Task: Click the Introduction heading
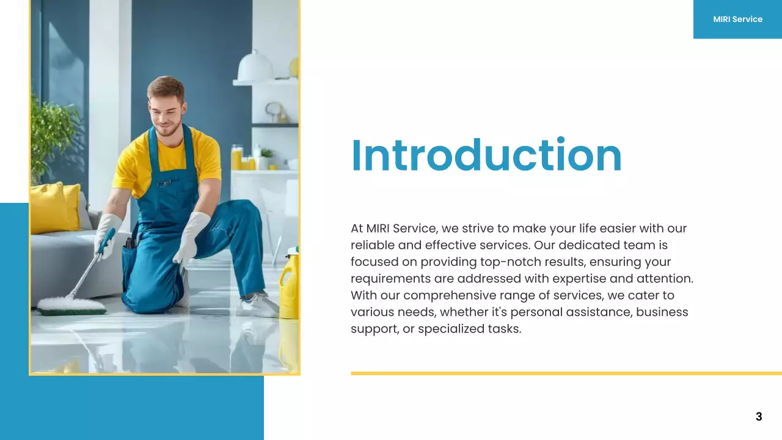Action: click(x=486, y=155)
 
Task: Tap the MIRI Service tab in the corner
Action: click(x=737, y=19)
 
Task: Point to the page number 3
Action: click(x=759, y=417)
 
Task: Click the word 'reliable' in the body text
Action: click(x=371, y=245)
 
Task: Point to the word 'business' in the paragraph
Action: click(x=662, y=312)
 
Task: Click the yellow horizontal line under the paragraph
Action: click(x=566, y=373)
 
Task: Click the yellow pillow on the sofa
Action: click(x=55, y=208)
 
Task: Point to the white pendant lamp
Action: click(x=255, y=67)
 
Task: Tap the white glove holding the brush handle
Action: click(x=107, y=235)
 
